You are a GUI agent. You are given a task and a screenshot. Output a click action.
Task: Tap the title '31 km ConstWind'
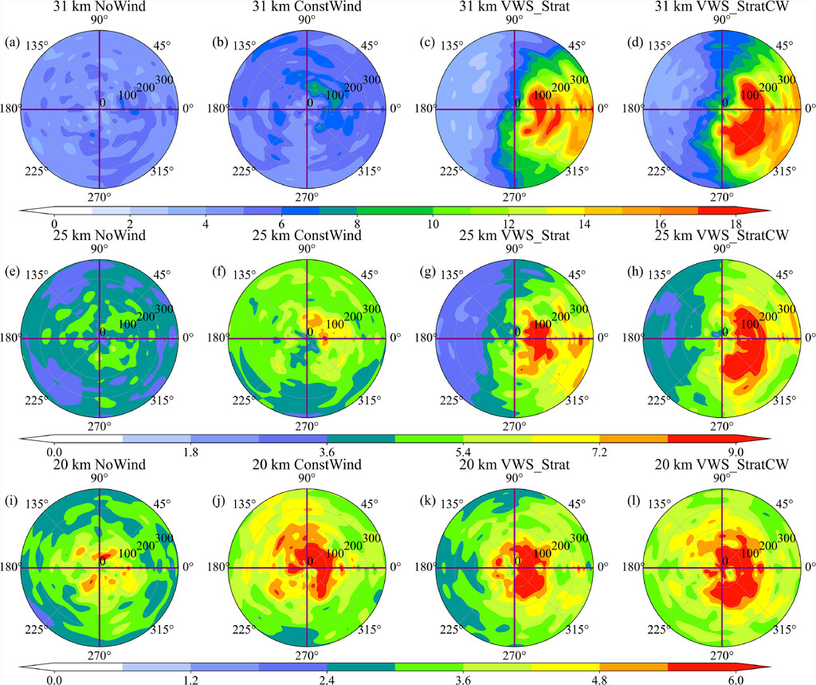307,8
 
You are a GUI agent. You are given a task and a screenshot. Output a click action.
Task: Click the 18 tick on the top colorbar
736,224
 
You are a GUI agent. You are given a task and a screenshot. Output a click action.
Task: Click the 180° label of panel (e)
13,338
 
